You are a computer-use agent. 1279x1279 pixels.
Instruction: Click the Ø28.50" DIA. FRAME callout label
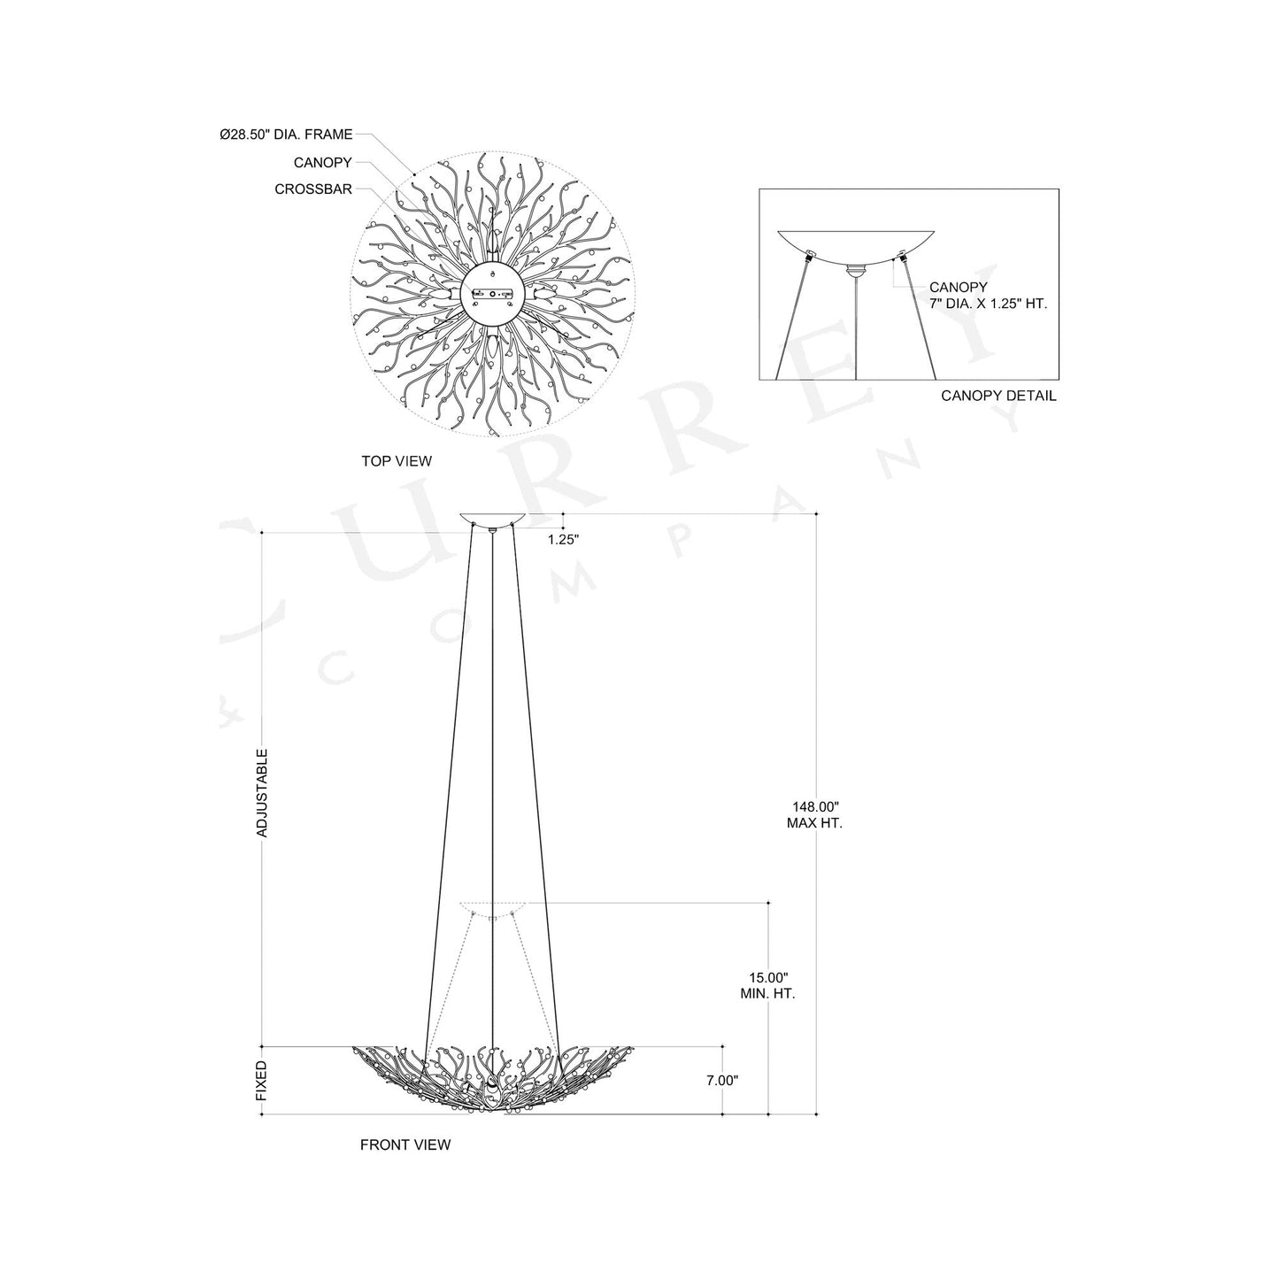click(x=286, y=135)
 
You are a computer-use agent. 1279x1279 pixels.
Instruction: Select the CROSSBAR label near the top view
click(x=313, y=189)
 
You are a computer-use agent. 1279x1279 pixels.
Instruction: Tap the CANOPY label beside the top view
click(x=323, y=163)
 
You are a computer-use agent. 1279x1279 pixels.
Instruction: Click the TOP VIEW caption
click(x=397, y=461)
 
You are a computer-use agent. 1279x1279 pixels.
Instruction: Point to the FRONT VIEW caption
click(x=405, y=1144)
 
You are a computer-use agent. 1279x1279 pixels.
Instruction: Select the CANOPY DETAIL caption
click(x=998, y=396)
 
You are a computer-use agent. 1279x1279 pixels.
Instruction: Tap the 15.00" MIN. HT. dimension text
click(x=767, y=985)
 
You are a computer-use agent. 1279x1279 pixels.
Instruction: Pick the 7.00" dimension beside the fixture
click(x=722, y=1080)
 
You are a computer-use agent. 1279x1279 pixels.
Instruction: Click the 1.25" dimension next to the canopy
click(x=563, y=539)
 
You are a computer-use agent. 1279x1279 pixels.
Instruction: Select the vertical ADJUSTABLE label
click(x=262, y=793)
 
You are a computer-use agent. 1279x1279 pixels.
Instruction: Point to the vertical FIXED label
click(x=262, y=1081)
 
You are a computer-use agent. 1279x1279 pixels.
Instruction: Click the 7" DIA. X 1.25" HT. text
click(x=988, y=304)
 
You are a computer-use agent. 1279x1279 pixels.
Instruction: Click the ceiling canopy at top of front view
click(x=492, y=520)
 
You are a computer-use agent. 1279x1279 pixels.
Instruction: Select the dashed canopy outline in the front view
click(x=492, y=908)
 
